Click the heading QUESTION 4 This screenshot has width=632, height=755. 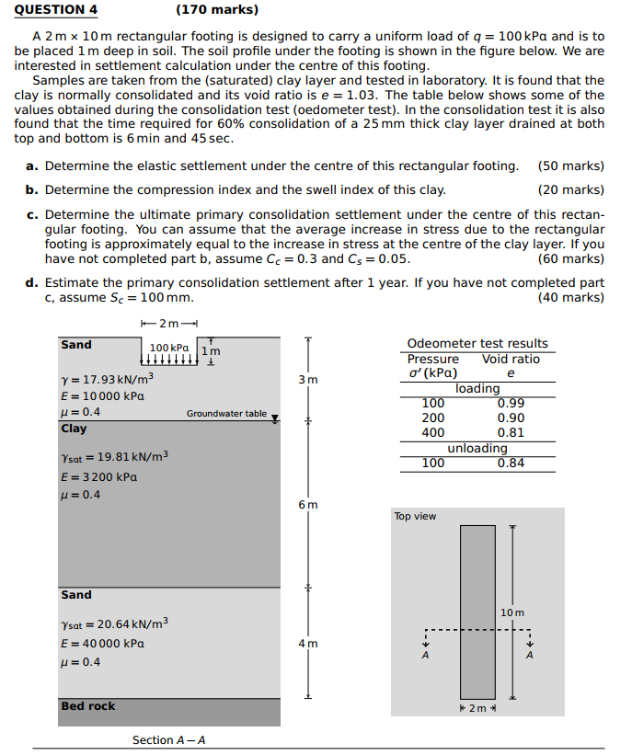(56, 10)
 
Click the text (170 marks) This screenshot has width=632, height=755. (216, 10)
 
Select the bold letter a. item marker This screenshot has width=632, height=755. (31, 166)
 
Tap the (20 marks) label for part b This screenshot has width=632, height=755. (570, 189)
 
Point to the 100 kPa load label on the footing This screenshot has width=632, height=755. (168, 349)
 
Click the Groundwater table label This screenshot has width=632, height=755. (226, 414)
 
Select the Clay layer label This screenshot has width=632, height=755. (74, 429)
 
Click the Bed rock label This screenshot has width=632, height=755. (88, 706)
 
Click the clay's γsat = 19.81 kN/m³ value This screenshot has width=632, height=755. (114, 456)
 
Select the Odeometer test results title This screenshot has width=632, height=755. (477, 343)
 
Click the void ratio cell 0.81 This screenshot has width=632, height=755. (511, 432)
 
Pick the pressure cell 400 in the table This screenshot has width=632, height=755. (432, 432)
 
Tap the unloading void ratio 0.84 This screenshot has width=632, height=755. (511, 463)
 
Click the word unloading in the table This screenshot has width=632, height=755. (477, 448)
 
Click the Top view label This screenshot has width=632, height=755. (415, 516)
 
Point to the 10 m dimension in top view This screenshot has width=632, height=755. (512, 612)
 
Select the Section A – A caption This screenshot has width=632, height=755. (169, 740)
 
